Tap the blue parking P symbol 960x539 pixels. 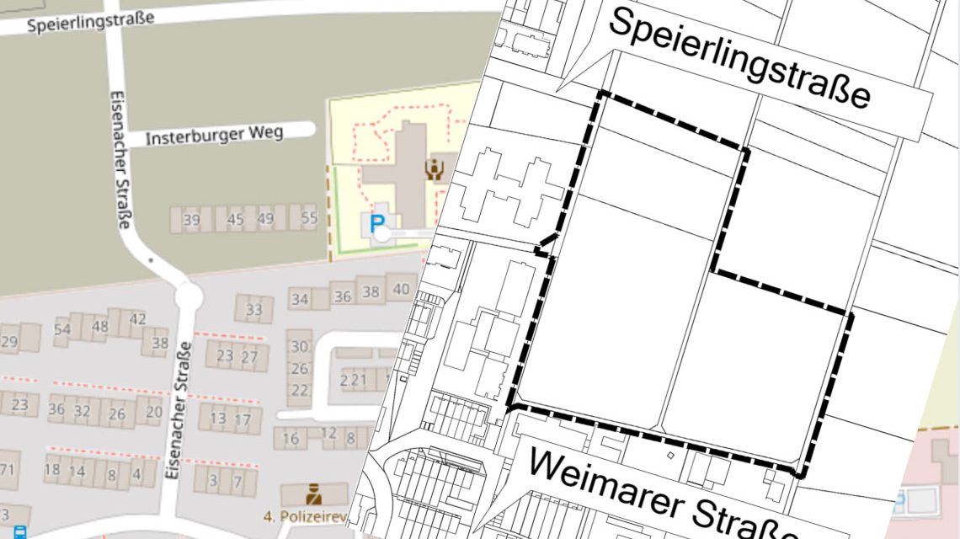378,222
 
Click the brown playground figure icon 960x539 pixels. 435,169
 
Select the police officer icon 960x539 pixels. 313,493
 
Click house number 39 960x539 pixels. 191,221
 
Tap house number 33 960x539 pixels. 254,309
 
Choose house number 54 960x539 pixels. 62,329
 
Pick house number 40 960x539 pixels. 401,290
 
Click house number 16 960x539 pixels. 291,439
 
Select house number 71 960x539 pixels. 8,469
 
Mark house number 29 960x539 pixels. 9,342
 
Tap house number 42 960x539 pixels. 138,319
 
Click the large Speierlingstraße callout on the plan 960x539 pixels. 739,58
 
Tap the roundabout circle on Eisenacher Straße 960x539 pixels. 188,296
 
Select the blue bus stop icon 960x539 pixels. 19,532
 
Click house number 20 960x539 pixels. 153,412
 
